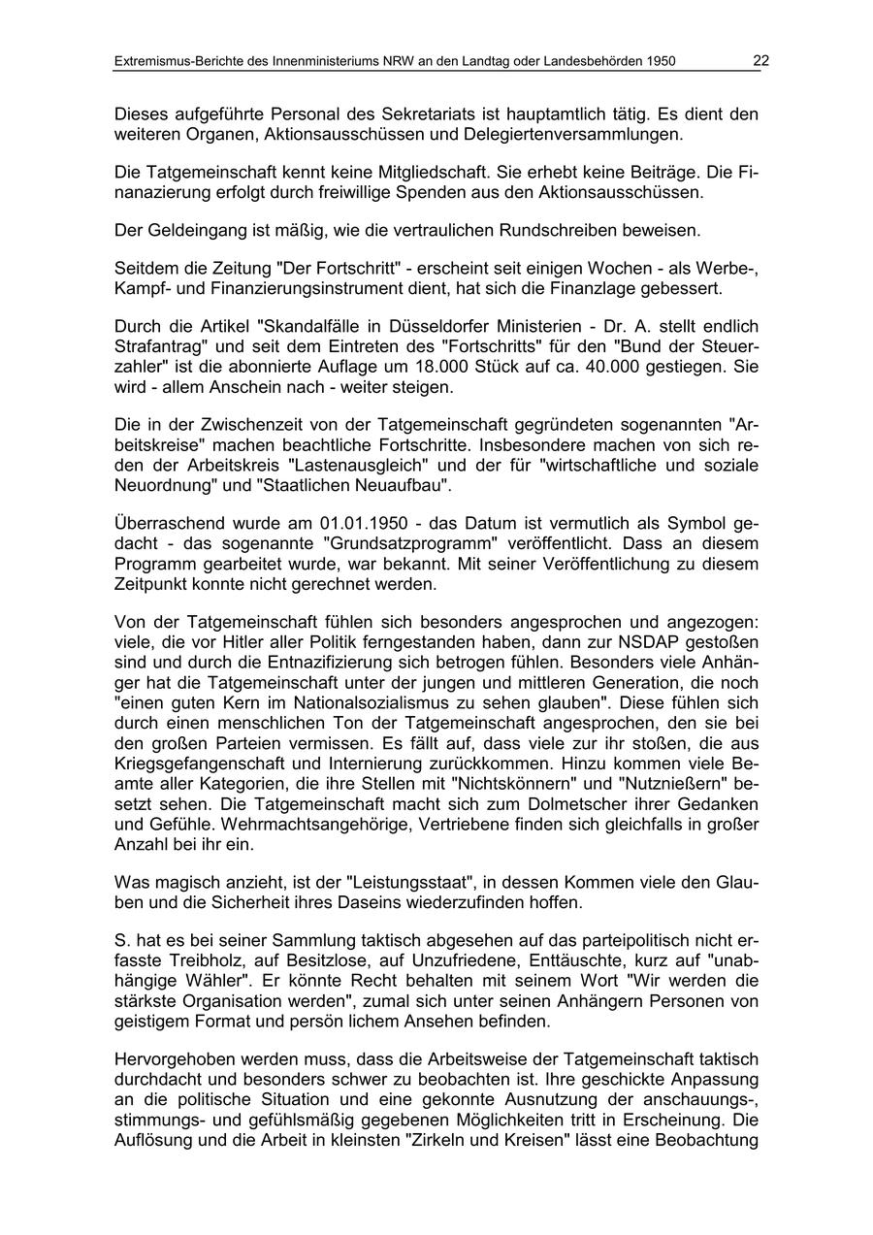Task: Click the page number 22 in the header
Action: click(x=760, y=61)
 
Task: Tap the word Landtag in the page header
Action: click(x=480, y=62)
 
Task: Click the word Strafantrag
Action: click(x=154, y=346)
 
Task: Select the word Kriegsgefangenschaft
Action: click(x=196, y=764)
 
